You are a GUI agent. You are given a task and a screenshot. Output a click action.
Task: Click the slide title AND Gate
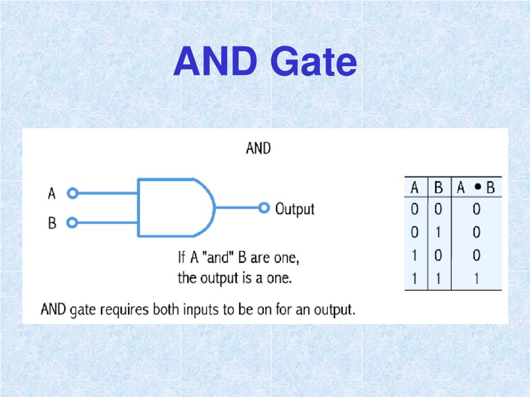point(265,63)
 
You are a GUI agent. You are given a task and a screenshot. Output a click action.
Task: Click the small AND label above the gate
point(258,148)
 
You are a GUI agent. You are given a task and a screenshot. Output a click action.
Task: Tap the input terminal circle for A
point(72,193)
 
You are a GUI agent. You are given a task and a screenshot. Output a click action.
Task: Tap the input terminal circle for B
point(72,223)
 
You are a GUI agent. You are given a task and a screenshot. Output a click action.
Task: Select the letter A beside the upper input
point(52,194)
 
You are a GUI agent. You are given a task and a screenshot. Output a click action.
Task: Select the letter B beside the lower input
point(52,224)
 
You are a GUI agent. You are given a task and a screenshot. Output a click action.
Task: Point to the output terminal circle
point(264,208)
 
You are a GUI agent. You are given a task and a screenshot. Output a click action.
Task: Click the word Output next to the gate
point(295,209)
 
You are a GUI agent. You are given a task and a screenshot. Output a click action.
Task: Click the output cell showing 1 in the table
point(476,279)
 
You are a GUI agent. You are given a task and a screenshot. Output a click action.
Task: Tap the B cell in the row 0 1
point(438,233)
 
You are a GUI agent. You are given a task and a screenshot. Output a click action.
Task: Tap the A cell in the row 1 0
point(415,256)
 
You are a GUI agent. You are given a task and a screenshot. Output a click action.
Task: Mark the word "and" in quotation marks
point(217,257)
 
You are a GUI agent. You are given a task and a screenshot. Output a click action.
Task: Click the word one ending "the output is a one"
point(281,279)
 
